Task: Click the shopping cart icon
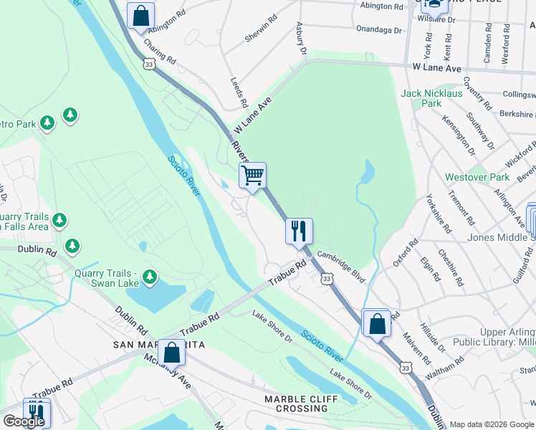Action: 252,175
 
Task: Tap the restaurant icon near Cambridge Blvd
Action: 299,231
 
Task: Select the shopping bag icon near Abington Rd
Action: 141,15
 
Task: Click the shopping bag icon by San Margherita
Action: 172,352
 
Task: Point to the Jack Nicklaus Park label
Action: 431,98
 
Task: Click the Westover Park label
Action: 477,177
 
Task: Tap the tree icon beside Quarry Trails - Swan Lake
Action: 149,277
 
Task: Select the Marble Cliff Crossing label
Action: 296,403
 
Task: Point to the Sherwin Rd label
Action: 261,29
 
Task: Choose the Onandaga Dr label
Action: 379,30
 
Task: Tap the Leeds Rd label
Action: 239,92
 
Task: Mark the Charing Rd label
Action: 160,51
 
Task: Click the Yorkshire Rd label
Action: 439,213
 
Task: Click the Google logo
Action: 24,421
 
